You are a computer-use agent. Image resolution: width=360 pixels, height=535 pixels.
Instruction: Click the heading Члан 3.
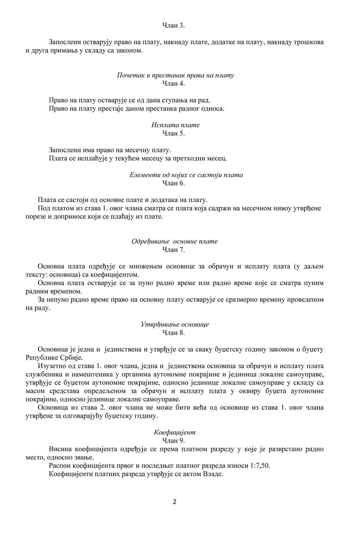[174, 26]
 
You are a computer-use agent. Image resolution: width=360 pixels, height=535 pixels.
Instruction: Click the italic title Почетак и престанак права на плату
[175, 75]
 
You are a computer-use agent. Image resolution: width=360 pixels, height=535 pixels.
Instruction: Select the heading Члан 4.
[174, 83]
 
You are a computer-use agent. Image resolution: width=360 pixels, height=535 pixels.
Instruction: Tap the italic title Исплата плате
[175, 125]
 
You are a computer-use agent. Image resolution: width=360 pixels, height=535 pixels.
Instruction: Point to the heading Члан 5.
[174, 133]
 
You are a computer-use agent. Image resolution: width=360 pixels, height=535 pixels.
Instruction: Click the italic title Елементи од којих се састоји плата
[186, 175]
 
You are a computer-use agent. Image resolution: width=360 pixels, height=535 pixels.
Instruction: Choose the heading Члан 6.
[174, 183]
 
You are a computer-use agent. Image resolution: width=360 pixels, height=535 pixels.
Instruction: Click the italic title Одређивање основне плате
[175, 241]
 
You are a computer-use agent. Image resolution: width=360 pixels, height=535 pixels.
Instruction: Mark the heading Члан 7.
[174, 250]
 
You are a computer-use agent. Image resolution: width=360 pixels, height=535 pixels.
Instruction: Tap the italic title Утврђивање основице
[175, 325]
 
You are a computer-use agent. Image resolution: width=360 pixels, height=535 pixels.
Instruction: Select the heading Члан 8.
[174, 333]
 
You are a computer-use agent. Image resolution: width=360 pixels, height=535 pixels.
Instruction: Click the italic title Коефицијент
[175, 432]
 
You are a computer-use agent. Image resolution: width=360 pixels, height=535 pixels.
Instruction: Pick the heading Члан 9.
[174, 440]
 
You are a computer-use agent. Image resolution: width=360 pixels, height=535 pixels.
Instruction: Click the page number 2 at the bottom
[175, 502]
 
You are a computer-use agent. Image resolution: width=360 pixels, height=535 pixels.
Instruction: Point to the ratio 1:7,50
[262, 466]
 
